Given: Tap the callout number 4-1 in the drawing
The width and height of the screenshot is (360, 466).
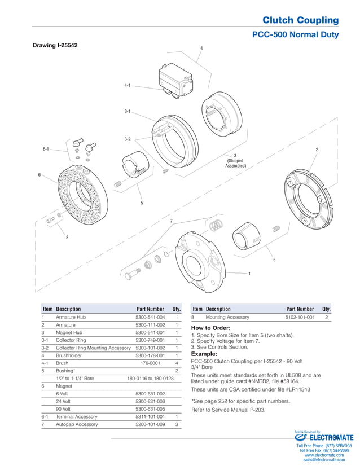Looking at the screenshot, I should tap(128, 85).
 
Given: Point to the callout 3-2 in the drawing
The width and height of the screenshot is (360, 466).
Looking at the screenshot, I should tap(128, 139).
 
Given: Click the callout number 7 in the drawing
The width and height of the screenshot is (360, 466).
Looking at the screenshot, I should tap(170, 221).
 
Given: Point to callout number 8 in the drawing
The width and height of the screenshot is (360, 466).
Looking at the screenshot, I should tap(67, 238).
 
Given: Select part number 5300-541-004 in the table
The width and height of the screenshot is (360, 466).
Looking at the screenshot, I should tap(150, 318).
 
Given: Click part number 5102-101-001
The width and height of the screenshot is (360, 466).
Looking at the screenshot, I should tap(300, 318).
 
